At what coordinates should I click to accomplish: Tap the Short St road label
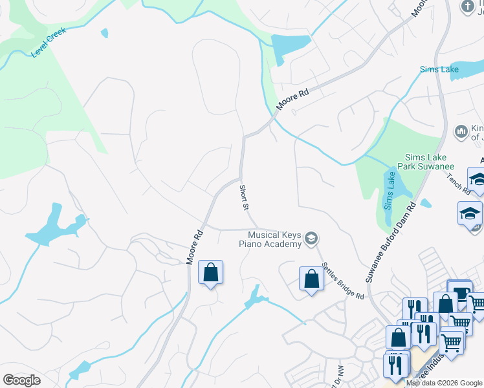coord(244,198)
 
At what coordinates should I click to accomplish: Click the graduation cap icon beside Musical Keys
coord(311,239)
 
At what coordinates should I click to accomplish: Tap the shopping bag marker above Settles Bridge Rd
coord(311,279)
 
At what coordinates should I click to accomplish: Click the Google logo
coord(21,380)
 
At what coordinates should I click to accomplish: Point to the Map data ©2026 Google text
coord(444,383)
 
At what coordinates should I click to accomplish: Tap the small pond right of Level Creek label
coord(104,33)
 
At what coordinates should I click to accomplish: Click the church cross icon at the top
coord(467,6)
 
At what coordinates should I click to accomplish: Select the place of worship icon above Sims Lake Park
coord(461,131)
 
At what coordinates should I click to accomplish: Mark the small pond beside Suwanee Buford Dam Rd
coord(425,203)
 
